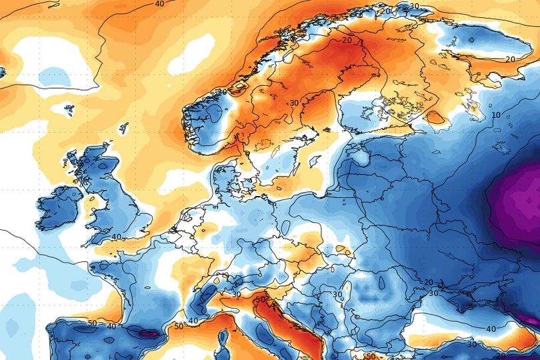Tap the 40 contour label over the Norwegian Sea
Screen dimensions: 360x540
(x=159, y=4)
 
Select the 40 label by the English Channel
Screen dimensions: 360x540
(x=116, y=237)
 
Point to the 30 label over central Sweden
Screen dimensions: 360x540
(x=294, y=103)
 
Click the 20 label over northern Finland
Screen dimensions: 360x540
(x=347, y=40)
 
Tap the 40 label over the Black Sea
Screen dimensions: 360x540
(x=491, y=329)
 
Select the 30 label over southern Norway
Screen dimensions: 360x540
(x=222, y=91)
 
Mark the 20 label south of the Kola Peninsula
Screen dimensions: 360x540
(x=509, y=59)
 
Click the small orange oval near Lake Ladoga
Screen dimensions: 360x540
(x=435, y=118)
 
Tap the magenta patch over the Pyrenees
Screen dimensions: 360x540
(x=149, y=333)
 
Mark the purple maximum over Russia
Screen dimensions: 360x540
(x=523, y=200)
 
